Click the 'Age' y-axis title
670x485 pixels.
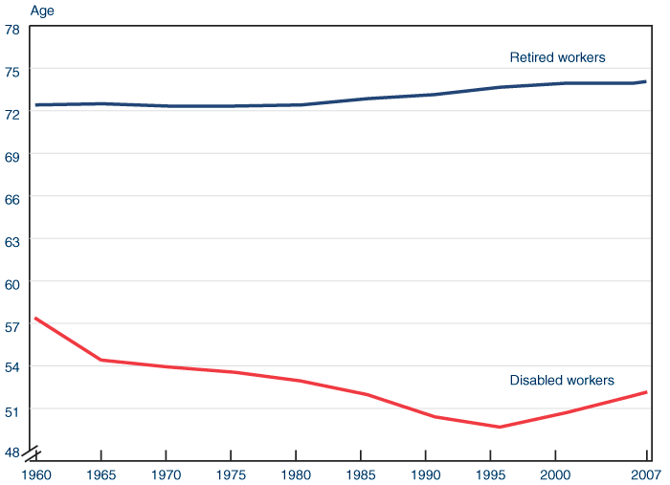pyautogui.click(x=43, y=11)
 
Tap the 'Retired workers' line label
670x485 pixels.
pyautogui.click(x=557, y=57)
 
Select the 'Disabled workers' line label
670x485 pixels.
pyautogui.click(x=562, y=381)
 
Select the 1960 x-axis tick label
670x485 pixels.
pyautogui.click(x=36, y=474)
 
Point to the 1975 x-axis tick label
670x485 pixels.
pyautogui.click(x=231, y=474)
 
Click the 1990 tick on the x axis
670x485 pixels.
pyautogui.click(x=426, y=474)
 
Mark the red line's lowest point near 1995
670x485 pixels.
pyautogui.click(x=500, y=427)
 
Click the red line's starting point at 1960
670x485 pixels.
pyautogui.click(x=35, y=318)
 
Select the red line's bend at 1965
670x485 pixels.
pyautogui.click(x=100, y=360)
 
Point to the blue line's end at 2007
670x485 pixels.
pyautogui.click(x=646, y=82)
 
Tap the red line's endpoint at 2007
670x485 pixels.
pyautogui.click(x=646, y=392)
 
